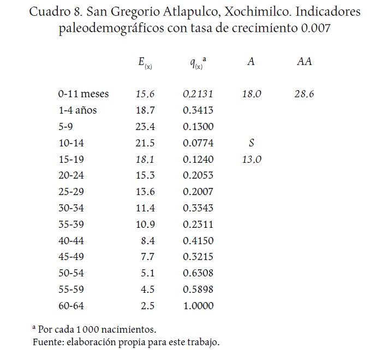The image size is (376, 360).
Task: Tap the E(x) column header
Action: coord(145,62)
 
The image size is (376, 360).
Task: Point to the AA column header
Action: coord(304,62)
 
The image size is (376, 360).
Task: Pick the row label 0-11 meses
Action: coord(83,94)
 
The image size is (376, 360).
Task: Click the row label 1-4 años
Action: coord(77,110)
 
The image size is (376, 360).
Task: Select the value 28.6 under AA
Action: coord(304,94)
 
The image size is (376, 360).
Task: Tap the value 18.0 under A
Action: coord(252,94)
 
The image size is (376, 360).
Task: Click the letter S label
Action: coord(251,143)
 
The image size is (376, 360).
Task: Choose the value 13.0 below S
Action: coord(252,160)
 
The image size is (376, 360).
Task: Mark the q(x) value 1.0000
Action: coord(199,306)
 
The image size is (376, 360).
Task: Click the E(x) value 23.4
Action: coord(145,127)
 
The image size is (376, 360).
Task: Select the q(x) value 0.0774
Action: coord(199,143)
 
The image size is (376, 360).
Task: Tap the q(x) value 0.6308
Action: coord(199,273)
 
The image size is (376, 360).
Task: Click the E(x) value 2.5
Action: coord(148,306)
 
